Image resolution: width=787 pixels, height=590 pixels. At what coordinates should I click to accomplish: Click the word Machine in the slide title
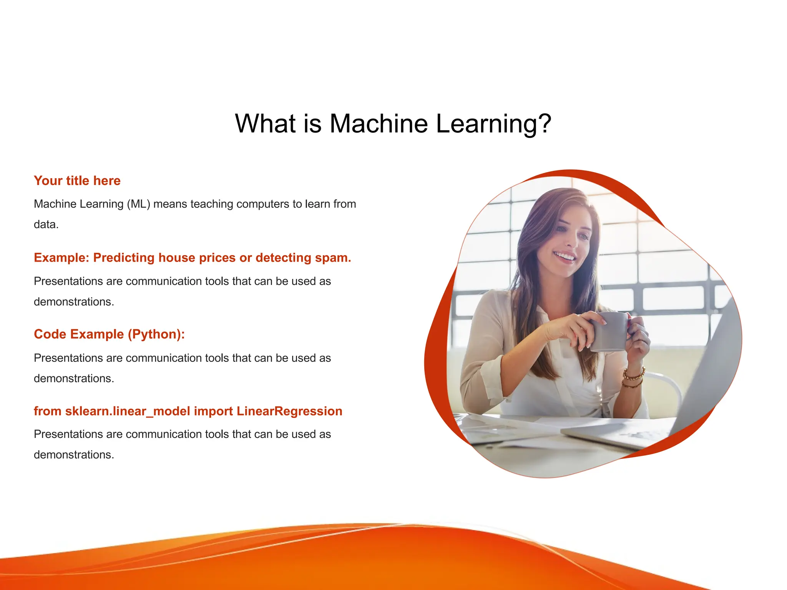click(x=379, y=124)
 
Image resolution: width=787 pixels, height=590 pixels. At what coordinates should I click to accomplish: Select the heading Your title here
click(x=77, y=181)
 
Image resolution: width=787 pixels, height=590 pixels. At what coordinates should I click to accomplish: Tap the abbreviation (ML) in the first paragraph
click(x=138, y=204)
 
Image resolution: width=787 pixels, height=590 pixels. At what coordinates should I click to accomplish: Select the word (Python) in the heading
click(x=156, y=334)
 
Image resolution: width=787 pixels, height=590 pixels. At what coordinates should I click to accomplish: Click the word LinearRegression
click(x=289, y=411)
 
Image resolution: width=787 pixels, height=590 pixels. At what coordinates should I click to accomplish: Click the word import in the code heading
click(x=213, y=411)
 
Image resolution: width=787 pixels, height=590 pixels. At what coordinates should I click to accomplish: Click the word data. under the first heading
click(x=46, y=225)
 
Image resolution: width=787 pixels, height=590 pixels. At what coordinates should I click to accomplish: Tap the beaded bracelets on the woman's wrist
click(x=633, y=376)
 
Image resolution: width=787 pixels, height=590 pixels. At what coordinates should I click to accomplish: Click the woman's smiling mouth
click(x=565, y=257)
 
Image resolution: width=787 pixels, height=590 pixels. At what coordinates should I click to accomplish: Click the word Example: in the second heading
click(x=61, y=258)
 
